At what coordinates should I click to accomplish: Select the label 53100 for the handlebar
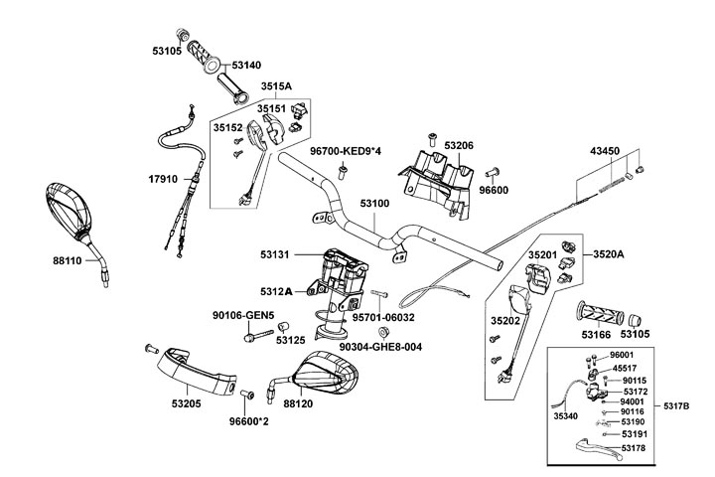375,203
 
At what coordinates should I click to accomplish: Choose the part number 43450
605,151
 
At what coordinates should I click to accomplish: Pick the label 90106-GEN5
243,316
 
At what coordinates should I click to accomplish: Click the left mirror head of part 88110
69,211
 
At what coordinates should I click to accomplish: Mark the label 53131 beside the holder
275,255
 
